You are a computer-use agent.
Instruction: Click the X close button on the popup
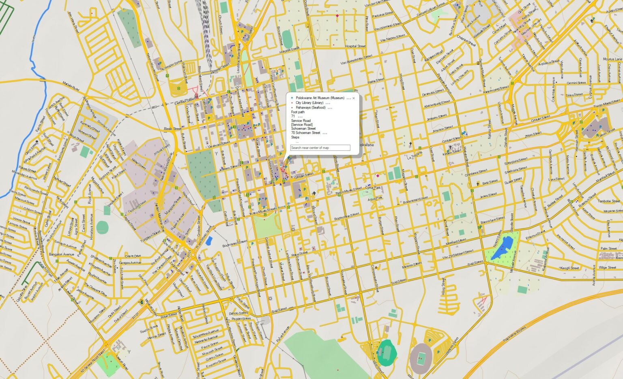click(x=354, y=98)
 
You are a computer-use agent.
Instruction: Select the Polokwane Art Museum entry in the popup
click(x=320, y=98)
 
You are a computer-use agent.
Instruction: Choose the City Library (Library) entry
click(x=309, y=103)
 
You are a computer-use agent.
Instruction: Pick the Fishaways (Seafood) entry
click(x=310, y=108)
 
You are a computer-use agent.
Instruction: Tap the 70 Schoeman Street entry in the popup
click(x=305, y=133)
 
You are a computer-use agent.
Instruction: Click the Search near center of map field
click(x=320, y=148)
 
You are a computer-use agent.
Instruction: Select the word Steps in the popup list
click(x=295, y=137)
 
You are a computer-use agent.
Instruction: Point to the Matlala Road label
click(x=71, y=85)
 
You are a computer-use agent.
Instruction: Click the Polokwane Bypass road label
click(x=514, y=334)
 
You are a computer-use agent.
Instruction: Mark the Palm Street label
click(x=608, y=249)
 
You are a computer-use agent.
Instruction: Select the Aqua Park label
click(x=375, y=198)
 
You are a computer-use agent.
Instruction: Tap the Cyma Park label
click(x=373, y=188)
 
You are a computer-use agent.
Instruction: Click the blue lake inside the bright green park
click(x=502, y=247)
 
